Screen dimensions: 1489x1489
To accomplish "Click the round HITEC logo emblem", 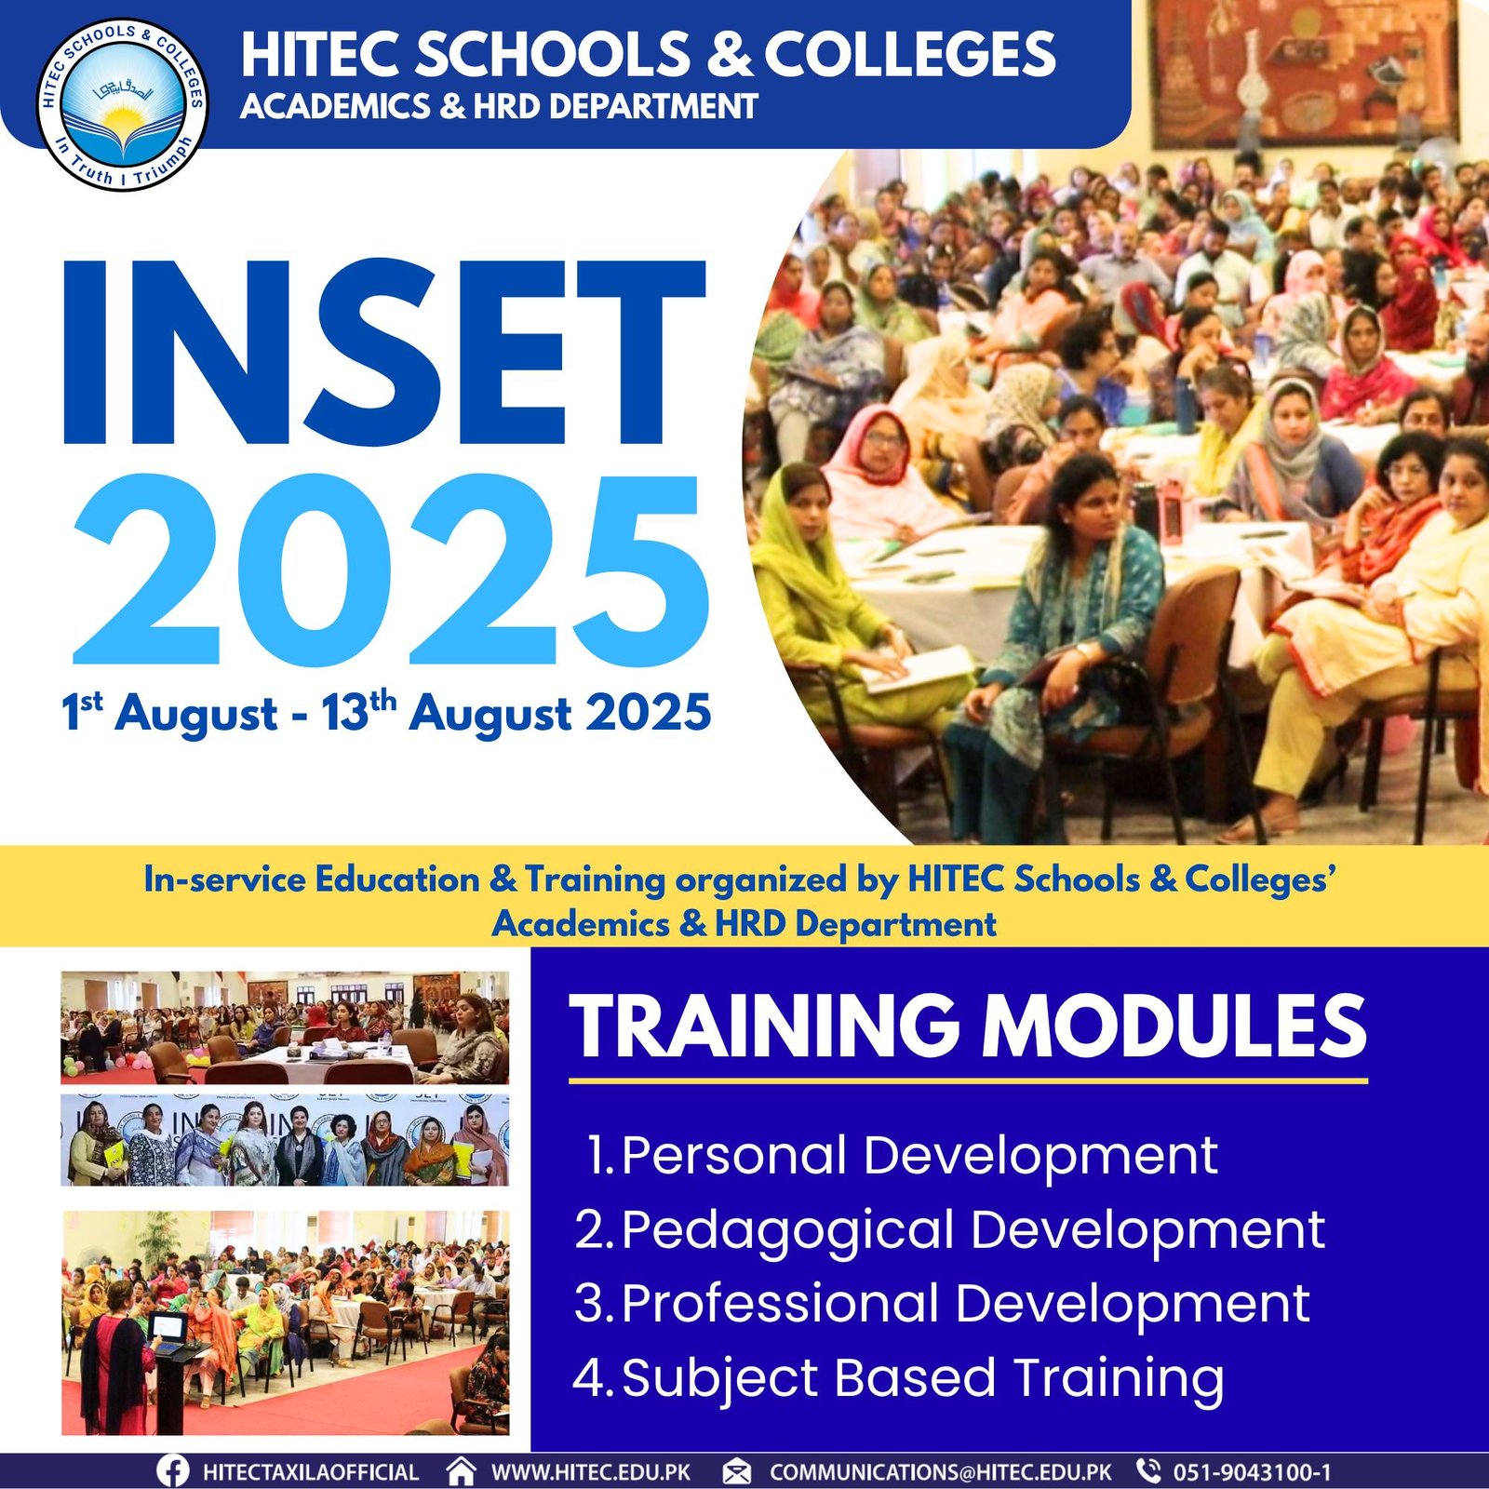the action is point(124,105).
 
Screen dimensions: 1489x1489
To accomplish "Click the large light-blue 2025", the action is point(392,567).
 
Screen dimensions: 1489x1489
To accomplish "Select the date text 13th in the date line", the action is point(359,713).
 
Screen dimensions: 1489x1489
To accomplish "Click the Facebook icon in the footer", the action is point(173,1471).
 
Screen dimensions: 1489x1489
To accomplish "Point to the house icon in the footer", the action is point(461,1470).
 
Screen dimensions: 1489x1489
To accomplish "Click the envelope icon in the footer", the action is point(737,1471).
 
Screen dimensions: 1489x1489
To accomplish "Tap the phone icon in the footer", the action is point(1149,1470).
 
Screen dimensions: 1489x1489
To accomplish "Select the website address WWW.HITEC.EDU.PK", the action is point(591,1472).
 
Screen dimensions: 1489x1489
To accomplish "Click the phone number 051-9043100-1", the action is point(1252,1472).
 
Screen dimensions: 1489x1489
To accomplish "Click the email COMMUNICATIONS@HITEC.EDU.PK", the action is point(941,1472).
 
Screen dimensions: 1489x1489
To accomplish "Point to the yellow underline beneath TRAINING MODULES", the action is point(968,1080).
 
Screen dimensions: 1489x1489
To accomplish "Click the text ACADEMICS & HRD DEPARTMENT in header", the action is point(499,107).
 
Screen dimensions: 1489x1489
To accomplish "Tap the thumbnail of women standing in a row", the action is point(285,1140).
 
